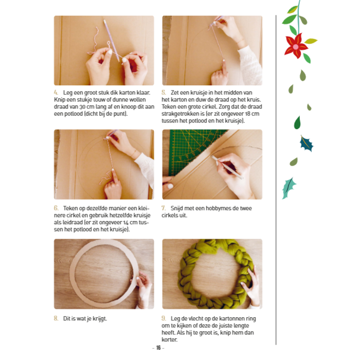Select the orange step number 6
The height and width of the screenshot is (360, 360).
[x=56, y=208]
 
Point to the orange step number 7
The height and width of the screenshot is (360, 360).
[x=164, y=208]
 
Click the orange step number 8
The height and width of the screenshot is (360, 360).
[x=56, y=318]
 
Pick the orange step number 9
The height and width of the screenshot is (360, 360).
[x=164, y=318]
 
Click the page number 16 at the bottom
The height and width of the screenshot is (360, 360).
[x=158, y=348]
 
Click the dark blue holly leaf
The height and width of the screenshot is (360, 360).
[x=307, y=143]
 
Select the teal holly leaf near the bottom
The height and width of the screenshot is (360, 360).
[x=289, y=188]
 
